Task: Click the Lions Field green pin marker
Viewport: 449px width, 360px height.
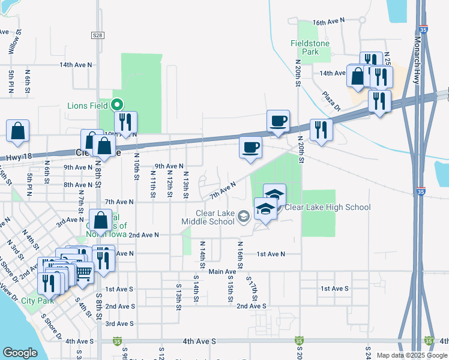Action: click(118, 106)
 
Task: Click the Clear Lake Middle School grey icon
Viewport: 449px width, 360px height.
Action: click(243, 216)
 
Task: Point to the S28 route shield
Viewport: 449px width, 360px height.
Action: click(98, 36)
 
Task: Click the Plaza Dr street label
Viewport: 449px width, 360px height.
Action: click(330, 101)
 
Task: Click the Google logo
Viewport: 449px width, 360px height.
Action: click(20, 353)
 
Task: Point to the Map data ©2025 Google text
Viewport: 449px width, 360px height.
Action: click(411, 355)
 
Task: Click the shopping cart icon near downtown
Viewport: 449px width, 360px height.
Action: click(83, 273)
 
